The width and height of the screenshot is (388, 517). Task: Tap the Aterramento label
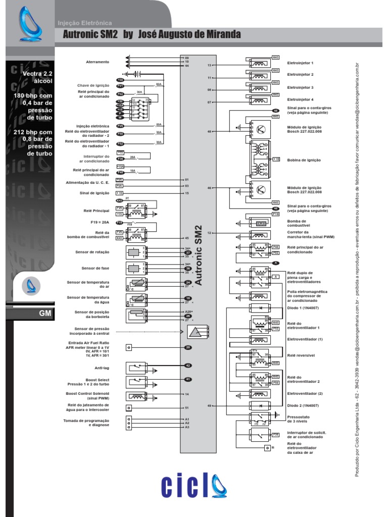[x=97, y=62]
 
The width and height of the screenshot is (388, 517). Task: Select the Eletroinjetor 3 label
[x=300, y=87]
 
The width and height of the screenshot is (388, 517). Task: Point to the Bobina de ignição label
[x=304, y=160]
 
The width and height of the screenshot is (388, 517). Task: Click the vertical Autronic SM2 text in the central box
[x=199, y=255]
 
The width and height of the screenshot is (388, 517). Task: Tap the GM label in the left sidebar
[x=45, y=313]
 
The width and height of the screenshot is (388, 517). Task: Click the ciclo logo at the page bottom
[x=194, y=486]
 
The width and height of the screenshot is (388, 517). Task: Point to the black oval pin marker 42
[x=188, y=365]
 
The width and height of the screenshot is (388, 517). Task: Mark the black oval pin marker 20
[x=188, y=347]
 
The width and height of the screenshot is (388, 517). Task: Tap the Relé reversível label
[x=301, y=355]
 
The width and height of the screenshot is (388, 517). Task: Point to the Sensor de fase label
[x=95, y=268]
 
